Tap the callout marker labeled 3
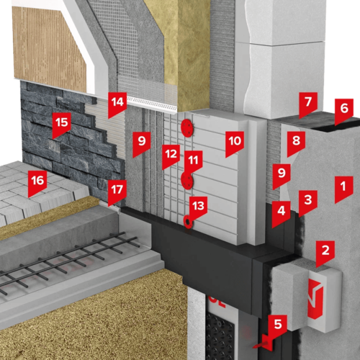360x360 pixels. click(308, 201)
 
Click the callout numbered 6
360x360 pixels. click(344, 109)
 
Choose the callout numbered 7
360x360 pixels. click(308, 103)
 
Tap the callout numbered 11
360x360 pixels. click(193, 161)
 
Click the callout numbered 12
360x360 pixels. click(171, 156)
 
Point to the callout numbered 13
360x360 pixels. click(198, 207)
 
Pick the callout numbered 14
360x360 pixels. click(117, 103)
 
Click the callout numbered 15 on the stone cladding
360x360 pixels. click(62, 124)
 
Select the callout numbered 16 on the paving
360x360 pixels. click(37, 181)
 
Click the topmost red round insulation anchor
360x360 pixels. click(187, 128)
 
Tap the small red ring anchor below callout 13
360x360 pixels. click(187, 222)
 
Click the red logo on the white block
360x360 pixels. click(315, 299)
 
